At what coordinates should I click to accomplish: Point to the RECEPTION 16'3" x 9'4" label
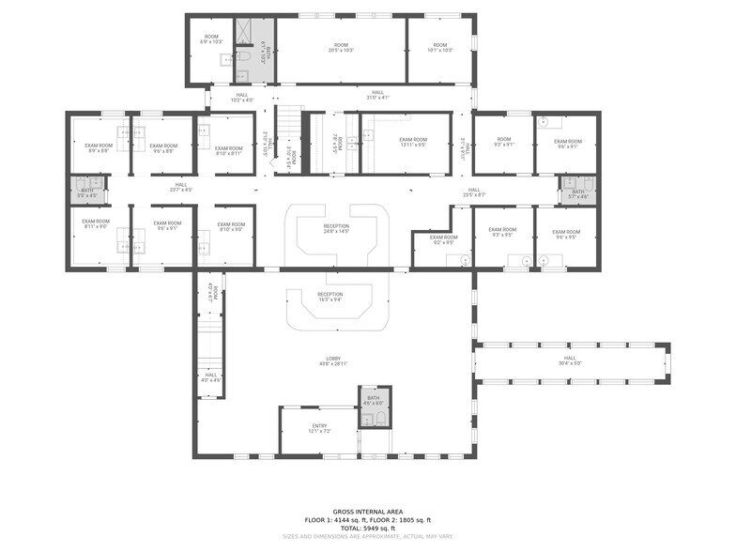[x=330, y=297]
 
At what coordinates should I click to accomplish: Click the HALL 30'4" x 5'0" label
[x=570, y=360]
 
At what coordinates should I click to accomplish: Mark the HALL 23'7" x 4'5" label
[x=180, y=187]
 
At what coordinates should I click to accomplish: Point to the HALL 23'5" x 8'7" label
[x=474, y=192]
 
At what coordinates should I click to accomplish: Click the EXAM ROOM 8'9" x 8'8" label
[x=98, y=147]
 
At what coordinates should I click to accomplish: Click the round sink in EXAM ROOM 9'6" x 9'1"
[x=544, y=122]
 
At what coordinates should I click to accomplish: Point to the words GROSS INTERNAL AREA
[x=367, y=512]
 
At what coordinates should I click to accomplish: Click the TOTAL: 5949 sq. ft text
[x=367, y=528]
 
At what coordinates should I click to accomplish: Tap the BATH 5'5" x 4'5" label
[x=87, y=192]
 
